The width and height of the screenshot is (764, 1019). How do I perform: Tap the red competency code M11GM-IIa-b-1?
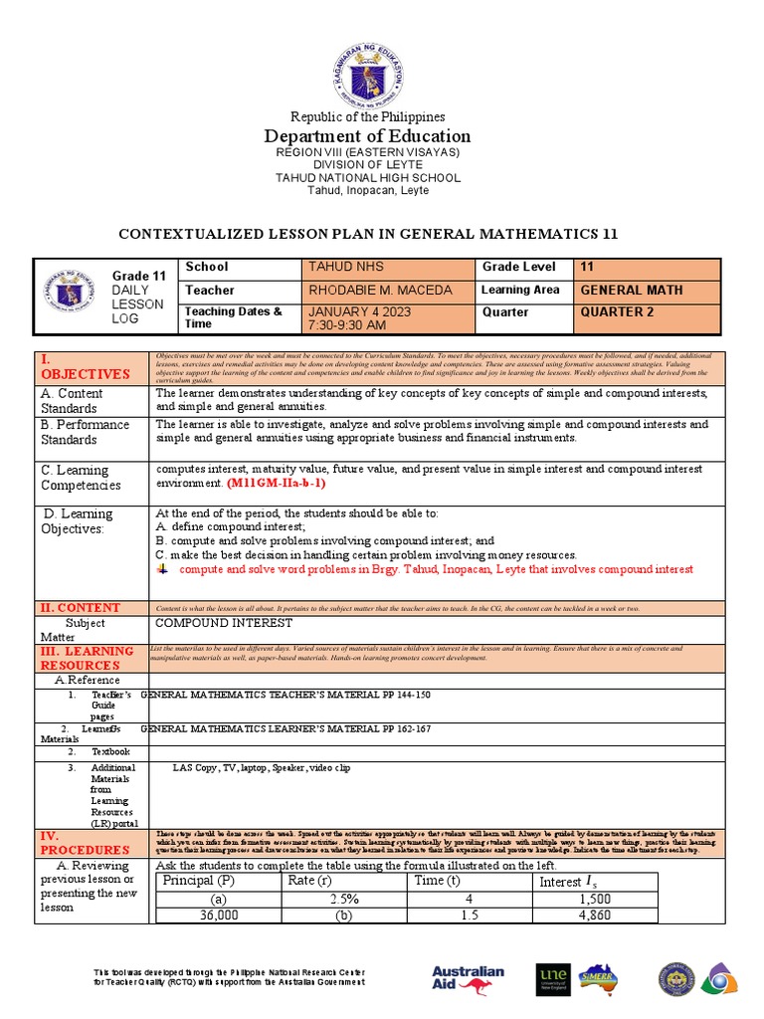tap(276, 483)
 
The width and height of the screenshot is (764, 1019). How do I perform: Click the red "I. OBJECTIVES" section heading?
tap(85, 366)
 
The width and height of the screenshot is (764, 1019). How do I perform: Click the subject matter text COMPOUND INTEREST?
tap(225, 623)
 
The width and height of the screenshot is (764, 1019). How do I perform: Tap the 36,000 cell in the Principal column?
tap(219, 914)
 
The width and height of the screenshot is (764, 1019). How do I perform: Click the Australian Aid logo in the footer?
tap(469, 978)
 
